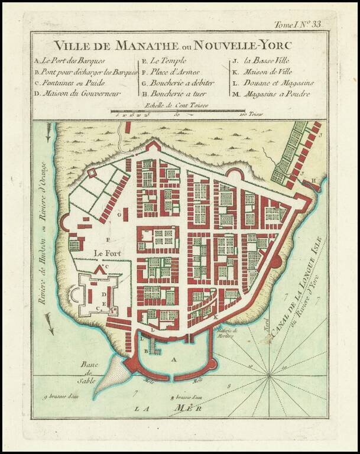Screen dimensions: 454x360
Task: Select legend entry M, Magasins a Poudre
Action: tap(271, 93)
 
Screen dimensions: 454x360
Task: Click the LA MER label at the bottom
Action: tap(168, 408)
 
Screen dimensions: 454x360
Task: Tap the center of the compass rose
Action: tap(270, 375)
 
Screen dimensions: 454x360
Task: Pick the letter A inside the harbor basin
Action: tap(173, 359)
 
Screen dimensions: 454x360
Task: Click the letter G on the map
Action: tap(119, 216)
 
